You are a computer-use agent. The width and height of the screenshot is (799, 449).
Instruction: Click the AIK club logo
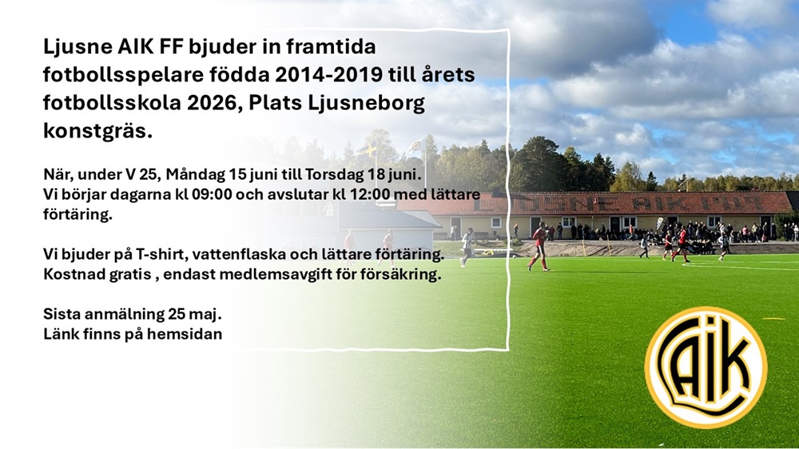[x=706, y=367]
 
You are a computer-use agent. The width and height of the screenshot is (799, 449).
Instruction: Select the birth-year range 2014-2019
[x=328, y=74]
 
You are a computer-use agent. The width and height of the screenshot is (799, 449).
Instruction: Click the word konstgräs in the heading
[x=97, y=132]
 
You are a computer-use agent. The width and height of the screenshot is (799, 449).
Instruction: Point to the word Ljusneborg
[x=367, y=104]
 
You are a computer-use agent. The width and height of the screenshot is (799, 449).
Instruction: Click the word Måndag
[x=196, y=175]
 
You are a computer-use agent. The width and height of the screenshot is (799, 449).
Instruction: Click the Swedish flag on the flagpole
[x=367, y=150]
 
